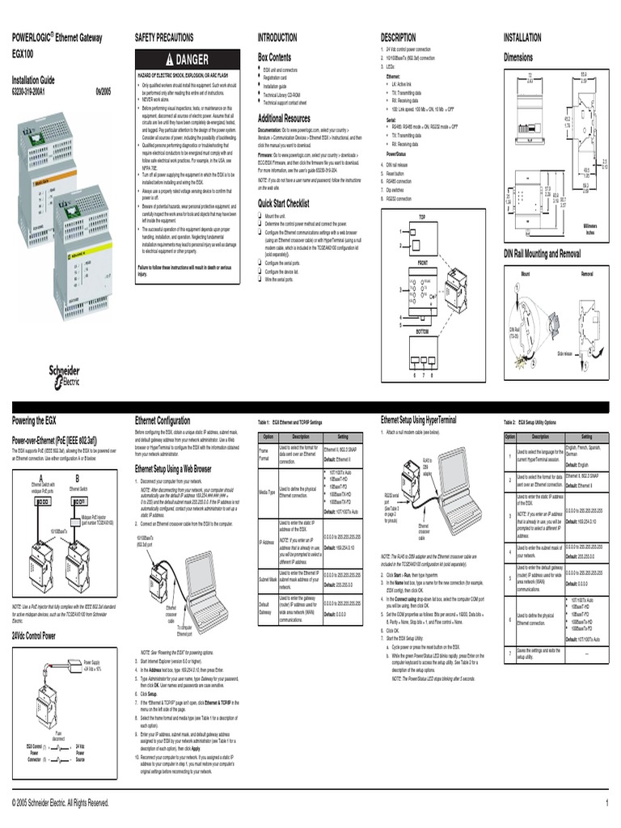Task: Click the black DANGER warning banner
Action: coord(187,60)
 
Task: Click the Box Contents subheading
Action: coord(274,57)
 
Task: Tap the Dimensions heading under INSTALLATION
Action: coord(518,57)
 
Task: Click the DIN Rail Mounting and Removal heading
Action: coord(543,253)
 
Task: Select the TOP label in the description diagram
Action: coord(422,218)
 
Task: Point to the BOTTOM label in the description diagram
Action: coord(422,331)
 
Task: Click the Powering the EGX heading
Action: coord(34,420)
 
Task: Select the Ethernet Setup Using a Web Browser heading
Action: coord(173,468)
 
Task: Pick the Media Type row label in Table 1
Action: coord(266,492)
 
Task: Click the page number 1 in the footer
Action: coord(606,803)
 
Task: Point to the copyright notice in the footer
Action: coord(61,803)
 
